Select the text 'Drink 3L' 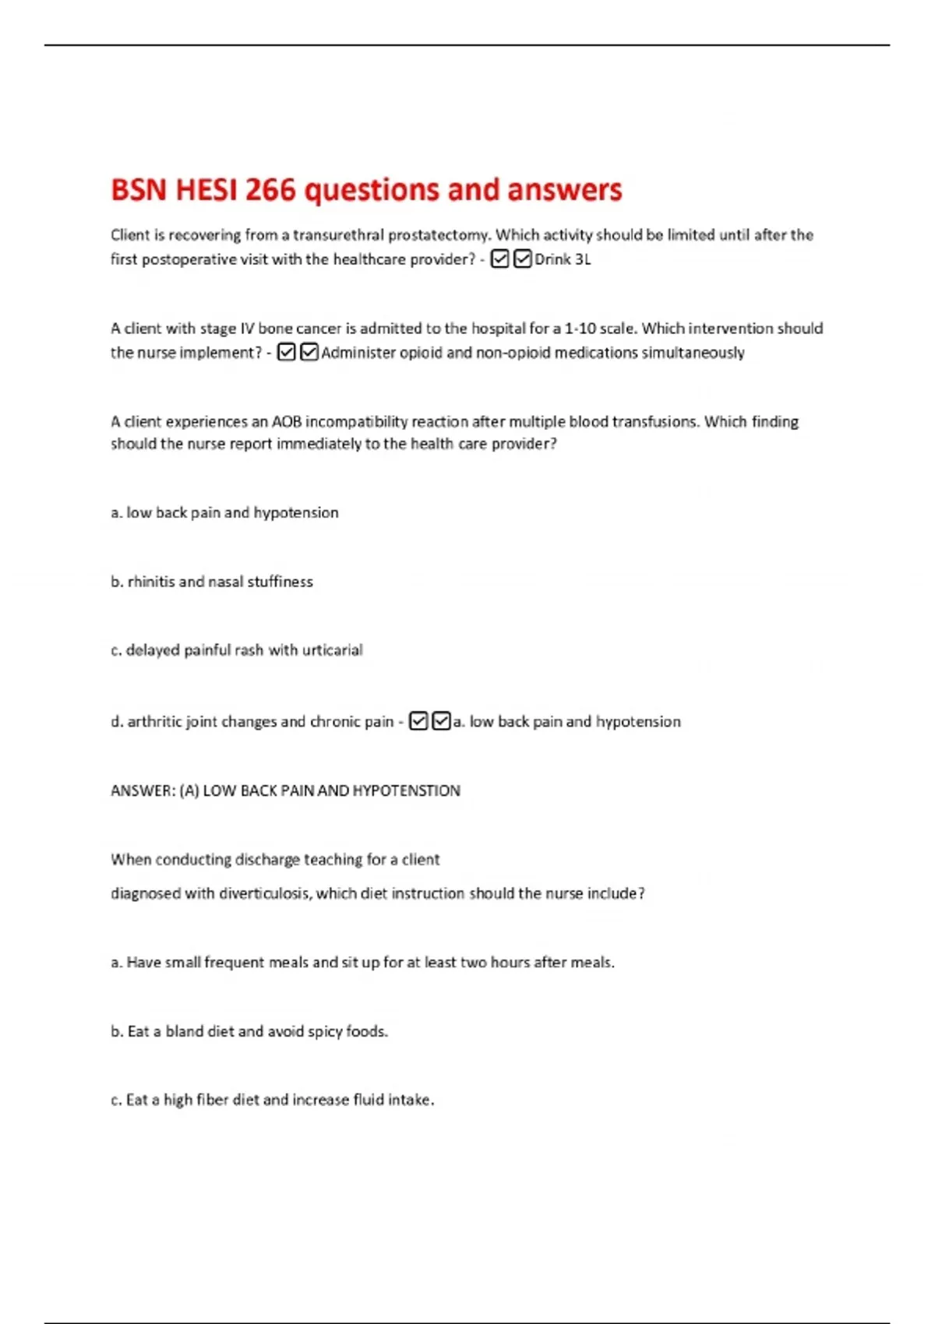tap(563, 259)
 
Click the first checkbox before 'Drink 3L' tap(499, 259)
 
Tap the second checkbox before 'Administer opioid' tap(309, 353)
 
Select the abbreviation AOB tap(287, 422)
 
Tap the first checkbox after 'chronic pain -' tap(418, 722)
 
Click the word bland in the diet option tap(184, 1032)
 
